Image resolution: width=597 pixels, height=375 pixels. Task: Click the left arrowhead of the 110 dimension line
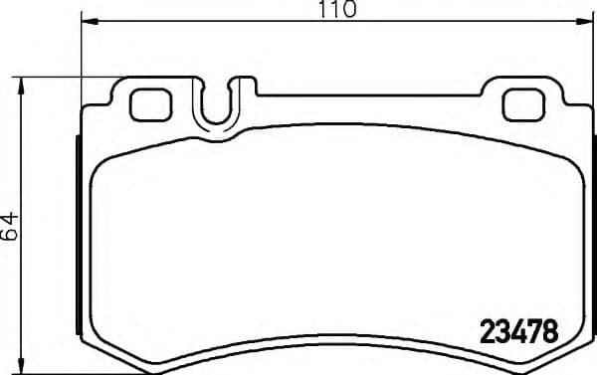coord(86,21)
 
